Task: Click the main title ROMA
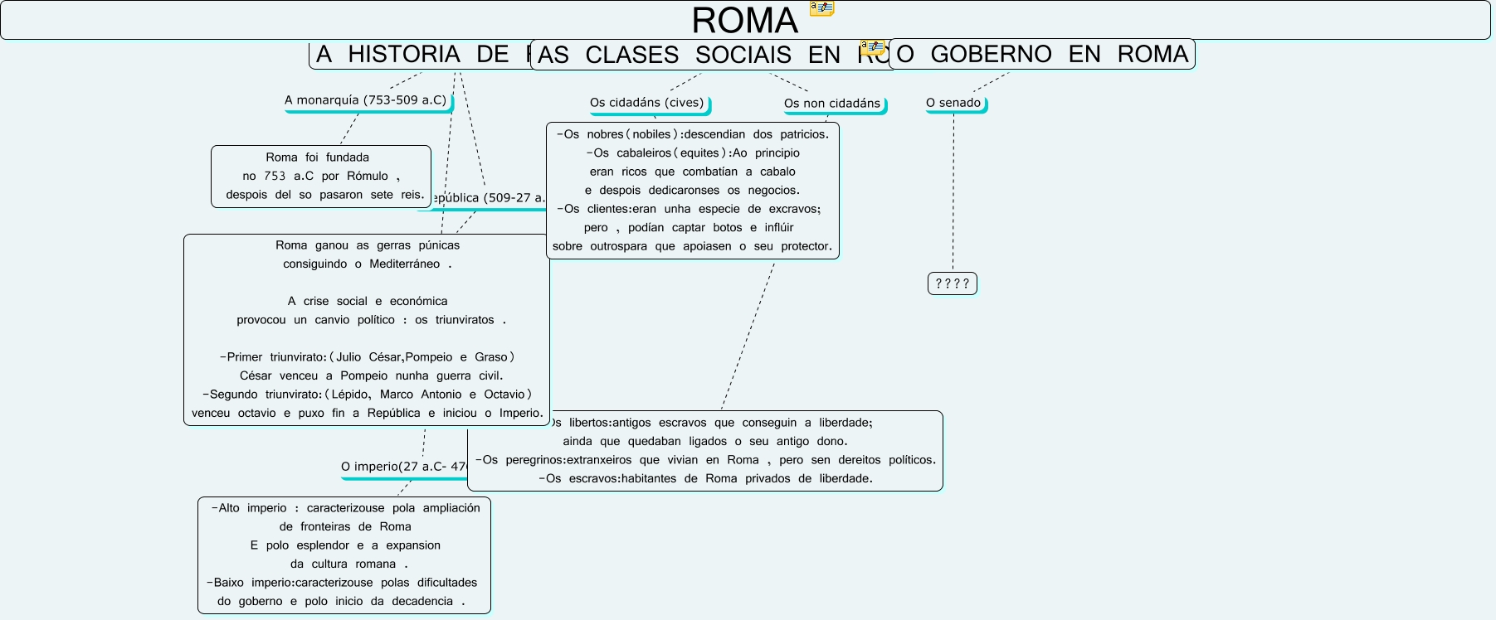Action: pyautogui.click(x=744, y=21)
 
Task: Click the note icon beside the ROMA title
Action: pyautogui.click(x=821, y=8)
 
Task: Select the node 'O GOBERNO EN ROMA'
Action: pyautogui.click(x=1042, y=54)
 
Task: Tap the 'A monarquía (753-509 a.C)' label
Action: pyautogui.click(x=365, y=100)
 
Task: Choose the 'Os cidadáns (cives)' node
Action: pyautogui.click(x=646, y=103)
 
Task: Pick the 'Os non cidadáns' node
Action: pyautogui.click(x=831, y=104)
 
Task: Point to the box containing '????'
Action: pyautogui.click(x=952, y=283)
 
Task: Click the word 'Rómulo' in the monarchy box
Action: pyautogui.click(x=368, y=176)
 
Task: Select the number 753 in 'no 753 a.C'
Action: pyautogui.click(x=275, y=176)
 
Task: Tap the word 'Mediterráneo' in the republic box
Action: pyautogui.click(x=404, y=264)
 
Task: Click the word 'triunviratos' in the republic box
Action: pyautogui.click(x=465, y=320)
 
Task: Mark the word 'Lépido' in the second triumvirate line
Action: pyautogui.click(x=350, y=395)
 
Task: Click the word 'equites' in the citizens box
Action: pyautogui.click(x=699, y=153)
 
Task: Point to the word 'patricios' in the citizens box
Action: pyautogui.click(x=803, y=134)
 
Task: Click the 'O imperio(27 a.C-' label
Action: pyautogui.click(x=403, y=467)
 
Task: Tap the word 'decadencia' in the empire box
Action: pyautogui.click(x=422, y=602)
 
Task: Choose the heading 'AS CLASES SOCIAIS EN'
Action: pyautogui.click(x=689, y=55)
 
